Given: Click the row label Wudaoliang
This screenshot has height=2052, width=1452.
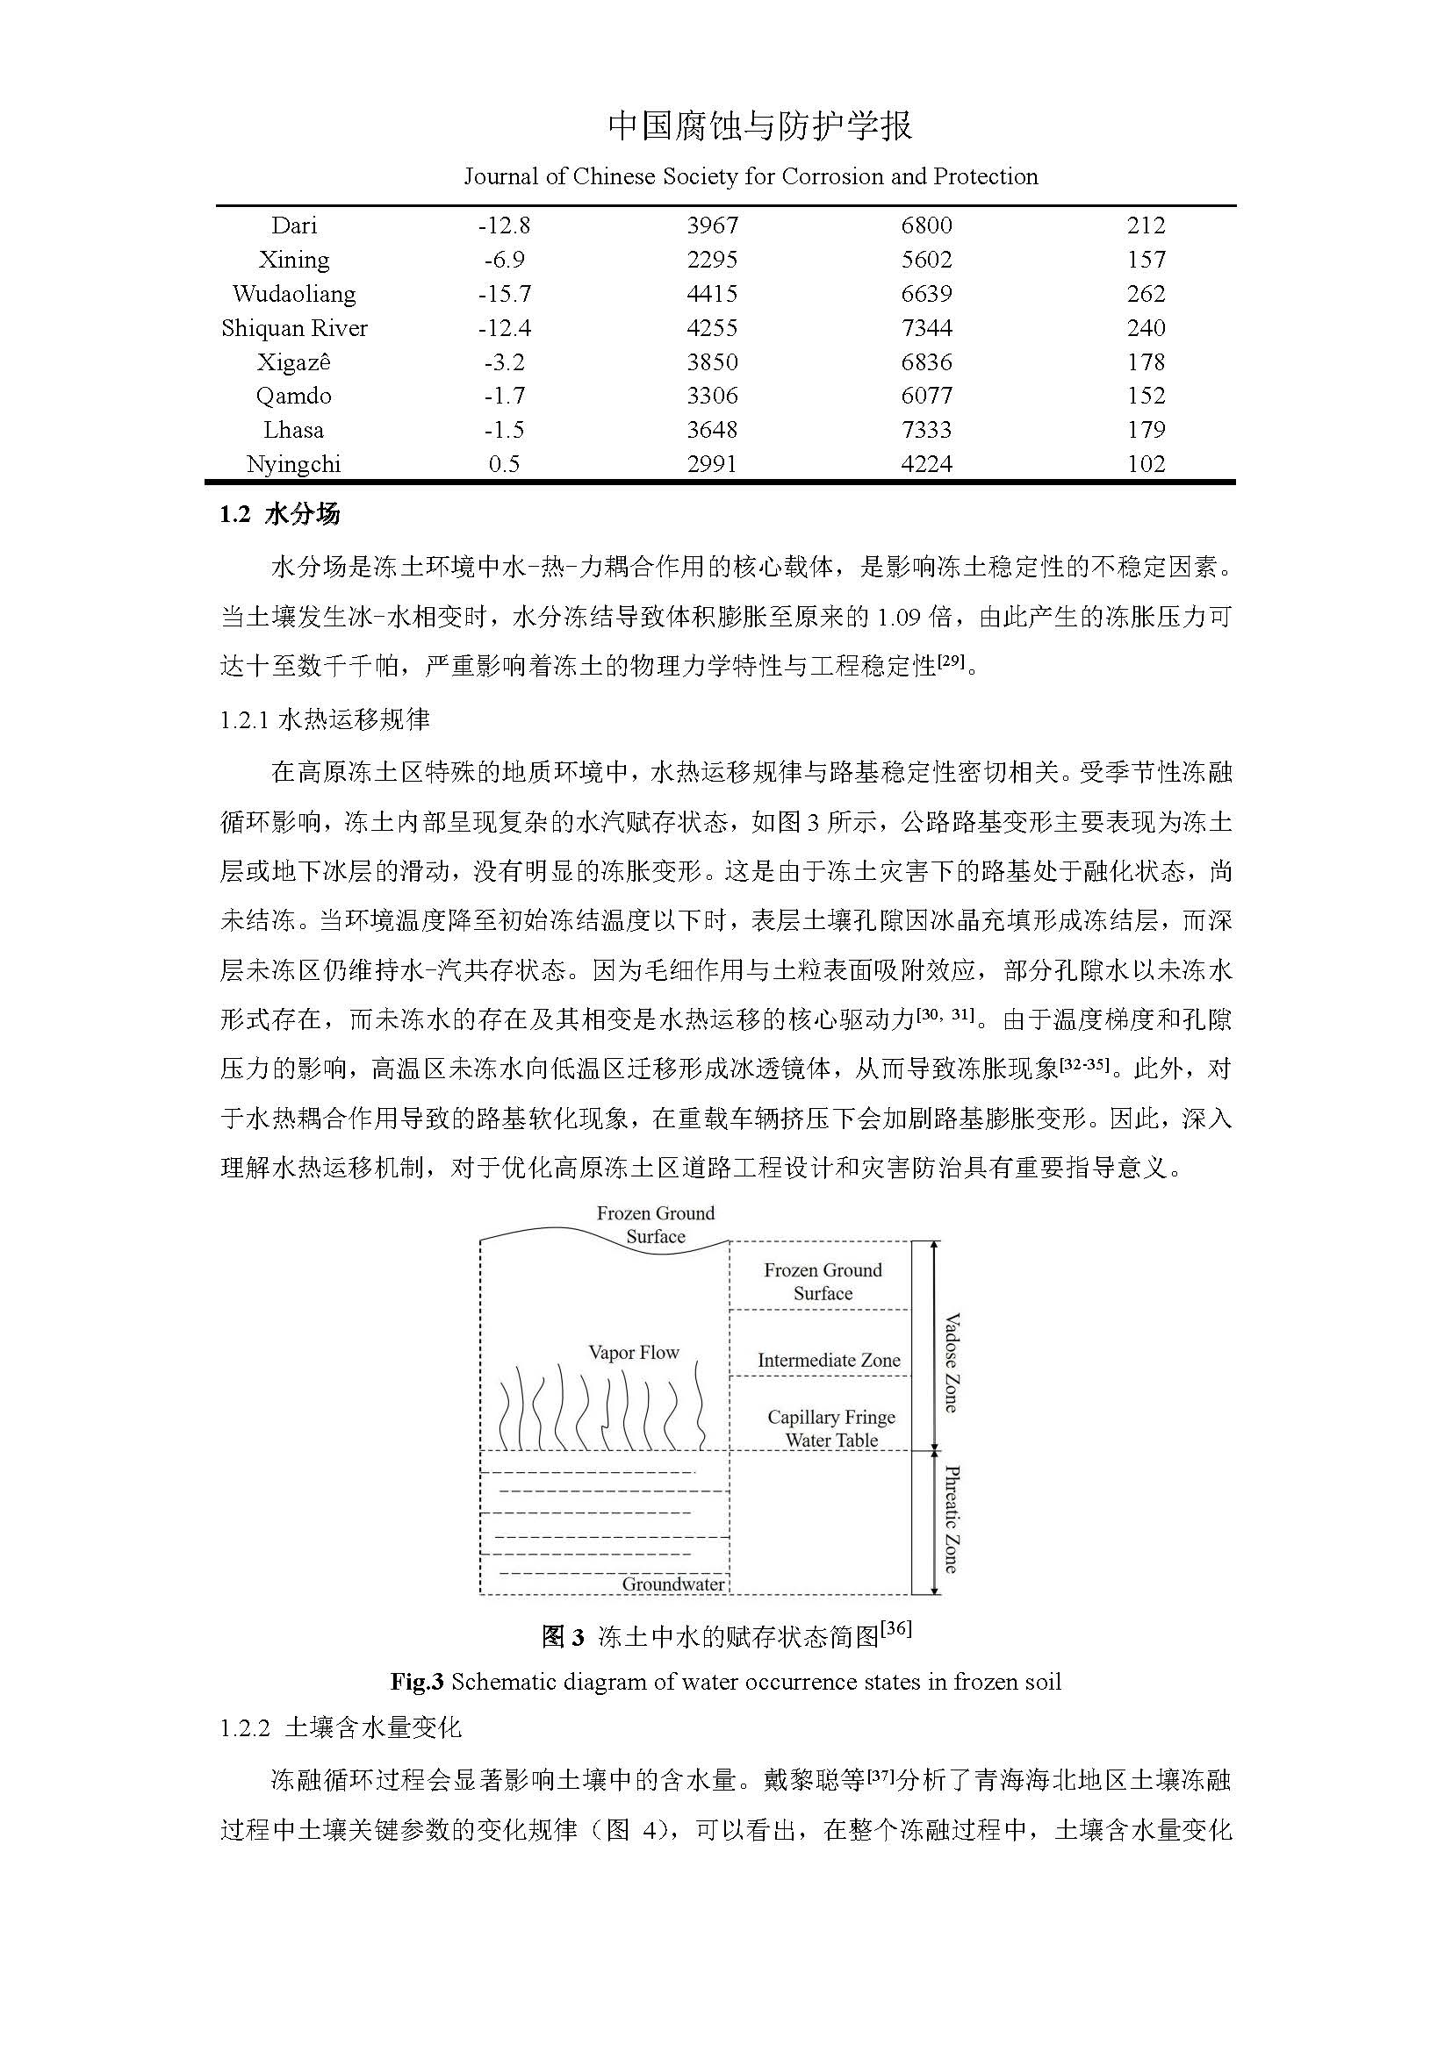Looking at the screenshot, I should pos(294,294).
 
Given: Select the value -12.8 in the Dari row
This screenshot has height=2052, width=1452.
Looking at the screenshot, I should pos(504,226).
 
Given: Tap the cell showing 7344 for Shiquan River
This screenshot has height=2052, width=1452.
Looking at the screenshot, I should pos(926,328).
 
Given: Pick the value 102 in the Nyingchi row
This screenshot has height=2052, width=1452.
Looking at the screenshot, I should pos(1146,464).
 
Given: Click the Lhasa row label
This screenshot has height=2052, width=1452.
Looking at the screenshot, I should pos(294,430).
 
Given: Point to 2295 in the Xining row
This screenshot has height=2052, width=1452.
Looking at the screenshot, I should pos(712,260).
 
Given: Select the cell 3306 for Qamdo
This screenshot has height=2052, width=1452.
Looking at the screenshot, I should pos(712,396).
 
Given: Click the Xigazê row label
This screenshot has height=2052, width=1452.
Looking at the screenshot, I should pos(294,362).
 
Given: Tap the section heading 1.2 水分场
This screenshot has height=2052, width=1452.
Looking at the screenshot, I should pos(280,515).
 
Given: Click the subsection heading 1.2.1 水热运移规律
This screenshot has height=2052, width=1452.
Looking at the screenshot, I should pos(326,719).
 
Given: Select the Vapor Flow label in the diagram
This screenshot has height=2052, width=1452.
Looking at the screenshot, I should pos(634,1353).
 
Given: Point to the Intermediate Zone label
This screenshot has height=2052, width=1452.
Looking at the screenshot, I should pos(829,1362).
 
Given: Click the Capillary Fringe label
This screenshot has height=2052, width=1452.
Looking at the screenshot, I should pos(830,1418).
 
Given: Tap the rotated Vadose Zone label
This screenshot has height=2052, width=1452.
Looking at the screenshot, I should pos(952,1363).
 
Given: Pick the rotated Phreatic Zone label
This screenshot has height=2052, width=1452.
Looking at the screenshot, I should pos(952,1519).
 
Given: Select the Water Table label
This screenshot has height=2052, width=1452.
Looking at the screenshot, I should pos(831,1441).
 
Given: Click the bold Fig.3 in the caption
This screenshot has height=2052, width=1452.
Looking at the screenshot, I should pos(417,1683).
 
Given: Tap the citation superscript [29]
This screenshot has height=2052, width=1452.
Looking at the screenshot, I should pos(950,662).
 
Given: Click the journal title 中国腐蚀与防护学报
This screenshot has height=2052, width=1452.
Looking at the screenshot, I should pos(760,126).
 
